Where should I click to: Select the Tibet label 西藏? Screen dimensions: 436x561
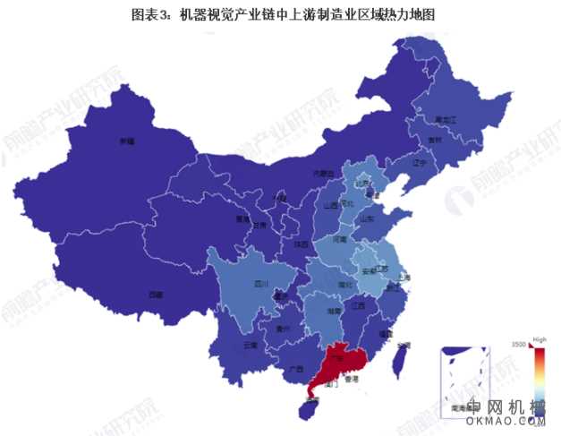click(x=156, y=294)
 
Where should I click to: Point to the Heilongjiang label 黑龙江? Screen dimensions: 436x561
click(x=446, y=119)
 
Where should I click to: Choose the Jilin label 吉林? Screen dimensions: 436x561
click(x=436, y=141)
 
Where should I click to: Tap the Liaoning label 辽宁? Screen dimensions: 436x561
click(x=419, y=164)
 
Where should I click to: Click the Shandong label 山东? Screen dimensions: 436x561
click(x=367, y=218)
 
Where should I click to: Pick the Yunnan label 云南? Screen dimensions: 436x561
click(x=251, y=344)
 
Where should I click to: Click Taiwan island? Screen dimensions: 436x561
click(x=403, y=357)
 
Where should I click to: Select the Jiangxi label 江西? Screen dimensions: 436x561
click(x=360, y=306)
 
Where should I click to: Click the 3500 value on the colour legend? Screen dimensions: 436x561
click(x=518, y=345)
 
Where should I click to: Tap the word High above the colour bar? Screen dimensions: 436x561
click(x=540, y=339)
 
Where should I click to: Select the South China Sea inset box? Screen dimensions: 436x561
click(x=466, y=376)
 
